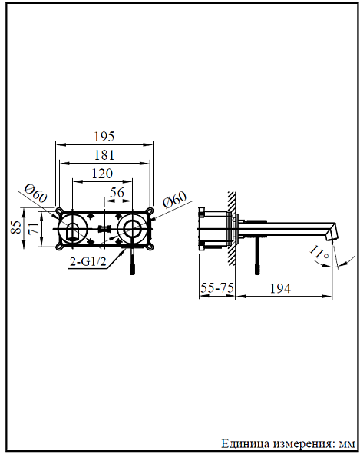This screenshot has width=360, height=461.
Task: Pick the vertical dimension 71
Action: point(31,227)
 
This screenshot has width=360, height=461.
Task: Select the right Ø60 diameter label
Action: point(175,202)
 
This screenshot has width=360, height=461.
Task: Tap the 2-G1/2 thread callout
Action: point(88,261)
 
